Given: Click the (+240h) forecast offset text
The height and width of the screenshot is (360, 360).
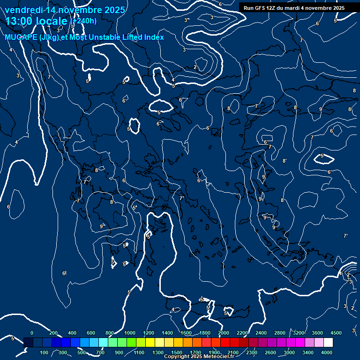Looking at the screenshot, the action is [83, 21].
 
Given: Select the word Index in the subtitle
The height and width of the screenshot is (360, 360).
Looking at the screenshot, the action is [154, 37].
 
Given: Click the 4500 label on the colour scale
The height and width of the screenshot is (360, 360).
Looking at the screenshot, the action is [336, 332].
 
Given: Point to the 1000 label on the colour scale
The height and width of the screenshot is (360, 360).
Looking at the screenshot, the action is [130, 332].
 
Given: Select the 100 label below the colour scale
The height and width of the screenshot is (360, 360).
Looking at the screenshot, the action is [44, 352].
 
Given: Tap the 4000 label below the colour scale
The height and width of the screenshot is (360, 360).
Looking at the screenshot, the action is [327, 352].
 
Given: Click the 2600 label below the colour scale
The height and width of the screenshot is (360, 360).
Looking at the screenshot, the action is [270, 352].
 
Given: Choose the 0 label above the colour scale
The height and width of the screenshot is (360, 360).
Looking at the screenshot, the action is [32, 332].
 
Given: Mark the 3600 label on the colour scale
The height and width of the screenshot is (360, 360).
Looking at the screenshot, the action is [317, 332].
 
